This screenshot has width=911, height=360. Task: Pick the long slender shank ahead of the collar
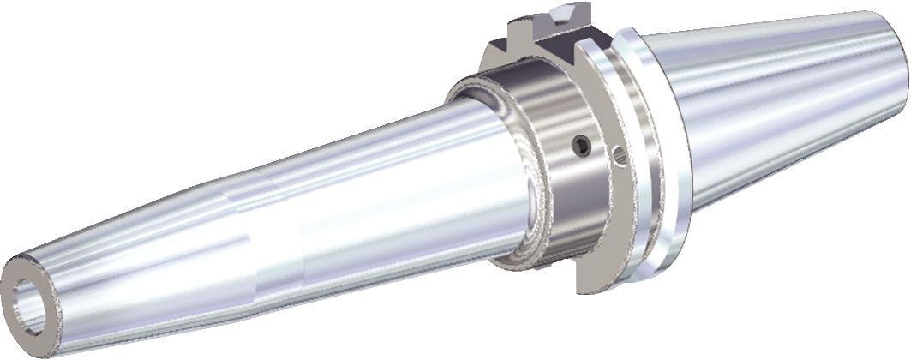tap(369, 197)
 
